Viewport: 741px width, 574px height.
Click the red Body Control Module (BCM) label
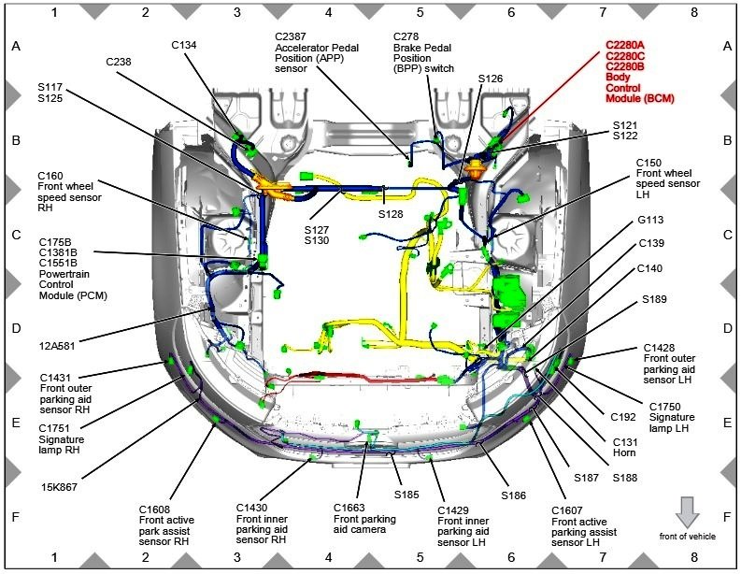(639, 70)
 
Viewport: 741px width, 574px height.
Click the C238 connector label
(119, 61)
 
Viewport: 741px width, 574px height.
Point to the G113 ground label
(651, 221)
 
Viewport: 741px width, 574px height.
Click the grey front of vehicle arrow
(687, 513)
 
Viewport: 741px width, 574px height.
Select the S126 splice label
(490, 79)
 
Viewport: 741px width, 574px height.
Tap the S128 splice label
(394, 214)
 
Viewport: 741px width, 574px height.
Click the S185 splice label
(406, 494)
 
